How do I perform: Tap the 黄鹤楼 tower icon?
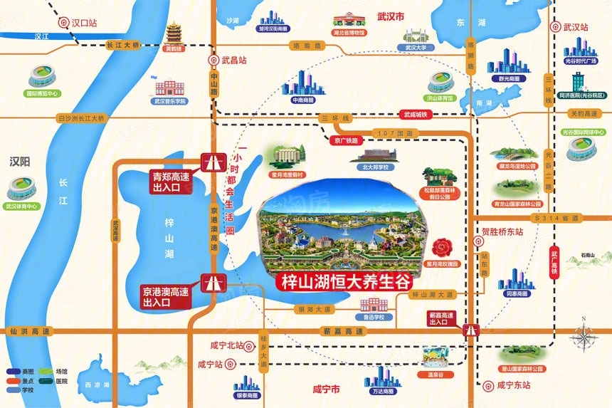[174, 35]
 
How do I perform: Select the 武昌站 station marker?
[210, 61]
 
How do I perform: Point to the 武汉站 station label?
[576, 28]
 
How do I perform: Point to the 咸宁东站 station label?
[513, 385]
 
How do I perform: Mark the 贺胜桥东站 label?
[502, 231]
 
